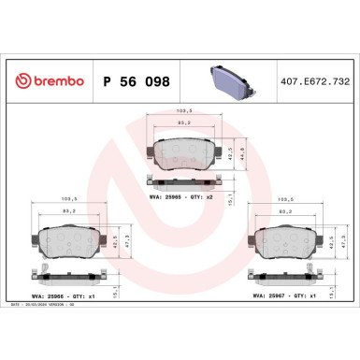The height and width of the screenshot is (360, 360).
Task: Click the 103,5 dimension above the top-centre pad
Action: coord(182,112)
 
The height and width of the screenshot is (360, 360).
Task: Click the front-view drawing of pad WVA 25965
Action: coord(182,151)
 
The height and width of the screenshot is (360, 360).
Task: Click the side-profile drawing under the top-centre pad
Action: coord(183,180)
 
